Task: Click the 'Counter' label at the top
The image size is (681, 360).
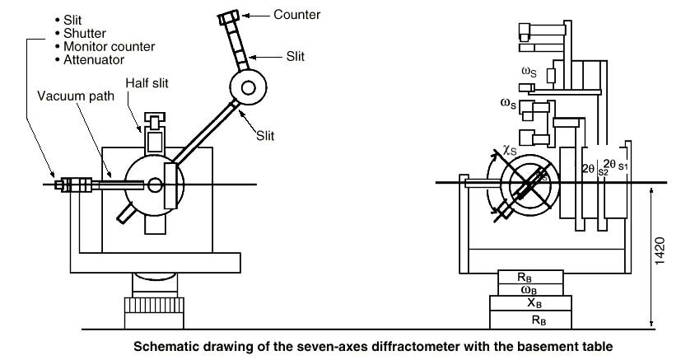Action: coord(298,14)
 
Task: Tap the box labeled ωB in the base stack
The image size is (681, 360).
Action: coord(530,289)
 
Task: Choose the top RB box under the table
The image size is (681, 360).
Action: coord(530,276)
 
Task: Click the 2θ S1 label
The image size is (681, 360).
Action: coord(616,164)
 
